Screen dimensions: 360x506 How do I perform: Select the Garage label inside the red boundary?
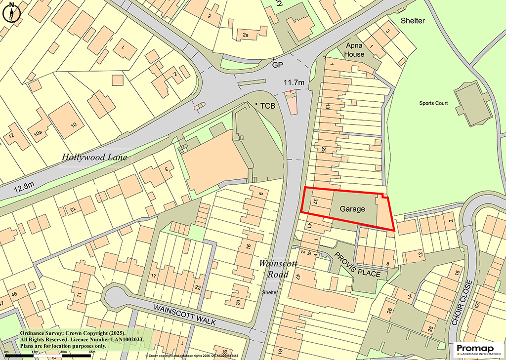[x=352, y=209]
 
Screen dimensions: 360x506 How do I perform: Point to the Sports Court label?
[x=433, y=103]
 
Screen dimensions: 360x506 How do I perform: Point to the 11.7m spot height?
[x=294, y=81]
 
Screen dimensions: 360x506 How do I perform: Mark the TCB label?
[x=267, y=106]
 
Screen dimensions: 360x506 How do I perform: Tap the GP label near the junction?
[x=276, y=65]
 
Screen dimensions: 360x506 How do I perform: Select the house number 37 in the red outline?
[x=315, y=201]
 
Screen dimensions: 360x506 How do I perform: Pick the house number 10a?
[x=38, y=133]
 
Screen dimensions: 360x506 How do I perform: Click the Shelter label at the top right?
[x=413, y=21]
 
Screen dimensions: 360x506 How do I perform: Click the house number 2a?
[x=246, y=35]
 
